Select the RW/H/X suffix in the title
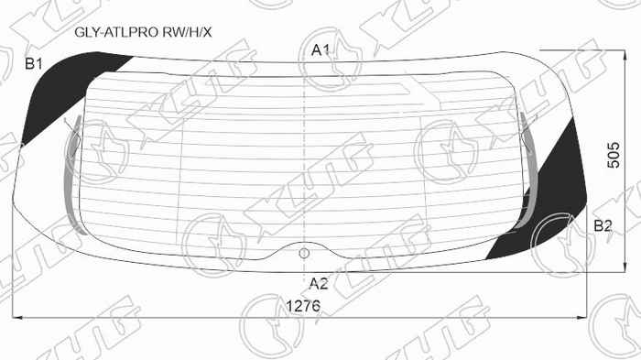[x=187, y=32]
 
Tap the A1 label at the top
[x=320, y=49]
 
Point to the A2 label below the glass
[x=319, y=282]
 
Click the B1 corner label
[x=34, y=63]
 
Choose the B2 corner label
[x=603, y=225]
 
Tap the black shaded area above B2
[x=554, y=197]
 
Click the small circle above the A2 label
[x=305, y=249]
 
